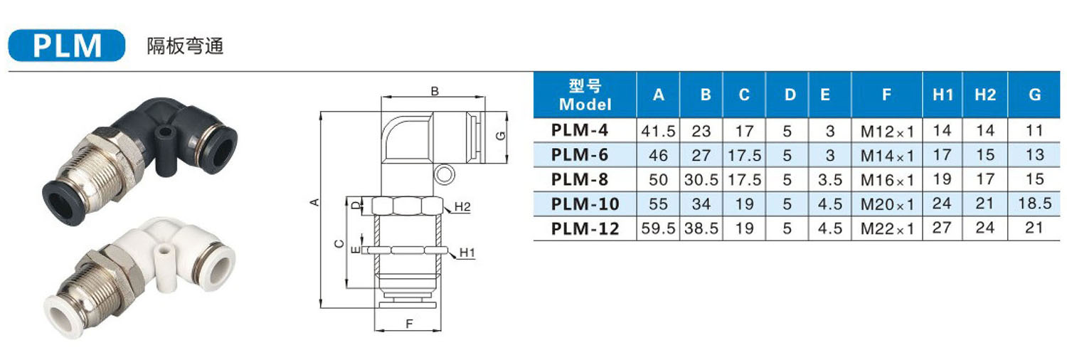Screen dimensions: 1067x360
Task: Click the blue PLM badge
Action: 67,46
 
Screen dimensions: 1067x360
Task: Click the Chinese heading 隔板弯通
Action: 185,46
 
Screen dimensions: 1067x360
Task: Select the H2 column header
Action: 985,95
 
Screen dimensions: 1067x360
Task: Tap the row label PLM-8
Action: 579,179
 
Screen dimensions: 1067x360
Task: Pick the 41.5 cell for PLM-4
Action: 658,131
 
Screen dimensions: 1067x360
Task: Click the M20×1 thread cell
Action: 887,204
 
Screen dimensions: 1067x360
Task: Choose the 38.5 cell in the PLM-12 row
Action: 701,228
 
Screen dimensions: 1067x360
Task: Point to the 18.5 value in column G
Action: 1034,203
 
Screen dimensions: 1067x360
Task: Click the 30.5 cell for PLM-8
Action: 701,180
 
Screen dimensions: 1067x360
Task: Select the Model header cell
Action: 585,95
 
